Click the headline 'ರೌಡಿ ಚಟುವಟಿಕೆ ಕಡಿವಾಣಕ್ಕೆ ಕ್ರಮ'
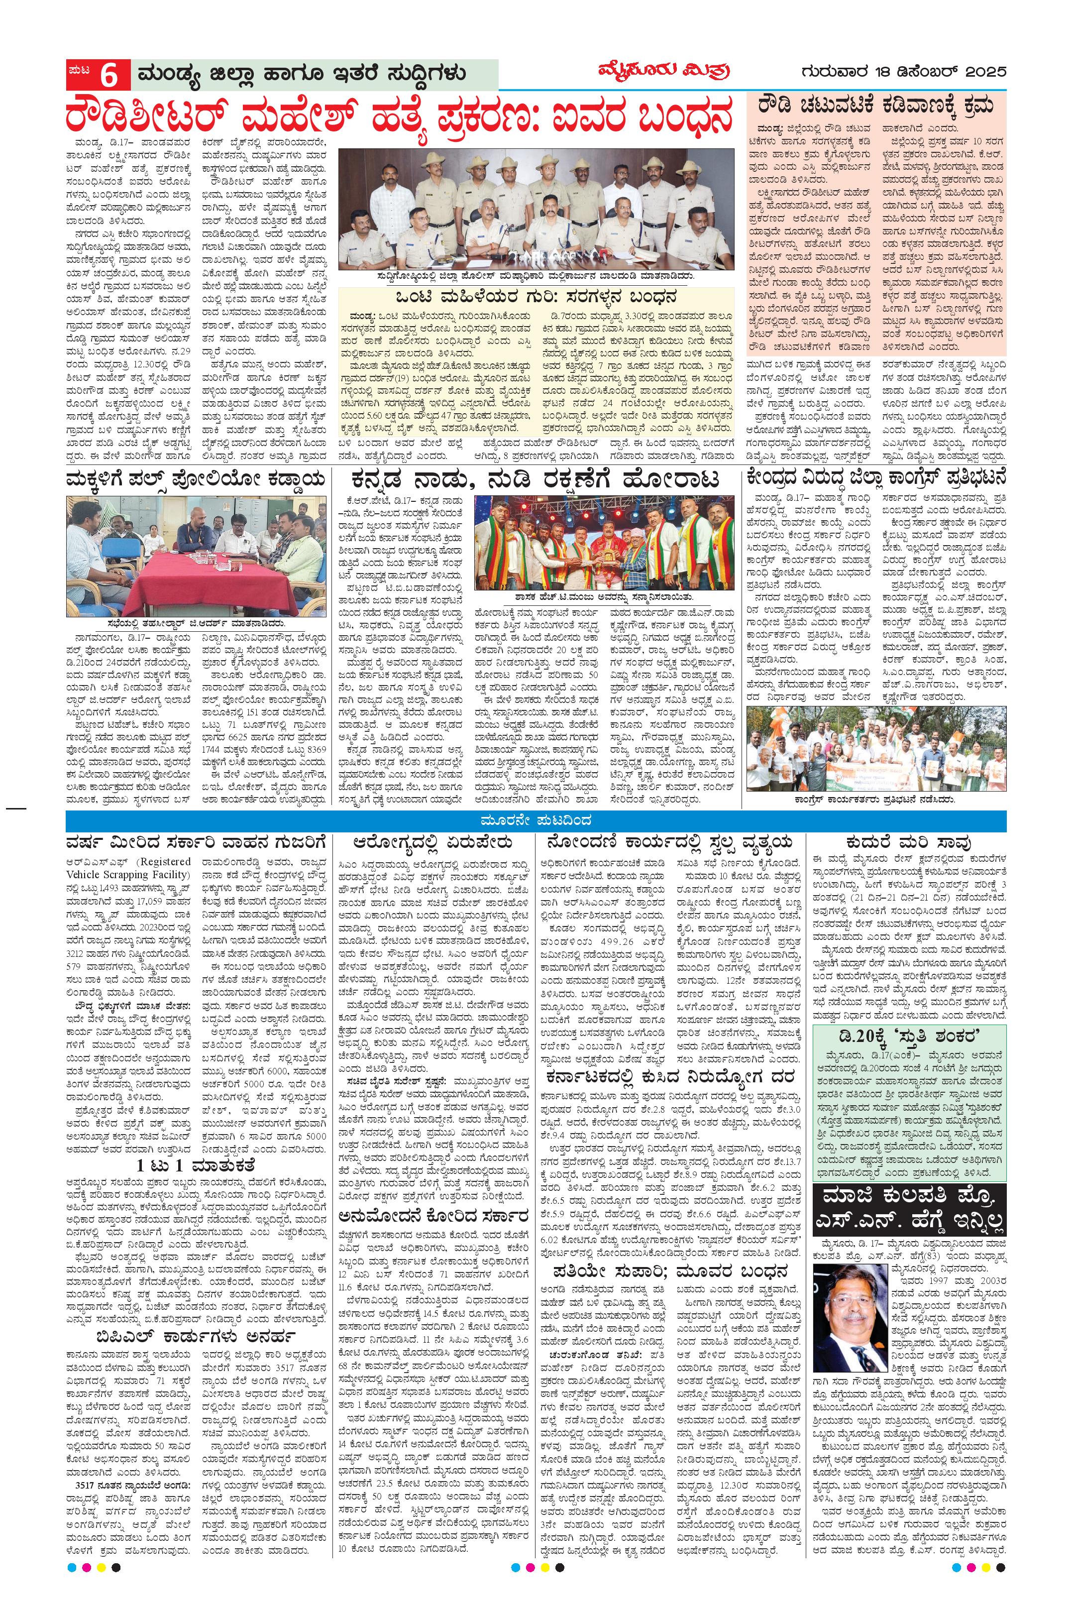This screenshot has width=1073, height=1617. [x=876, y=106]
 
